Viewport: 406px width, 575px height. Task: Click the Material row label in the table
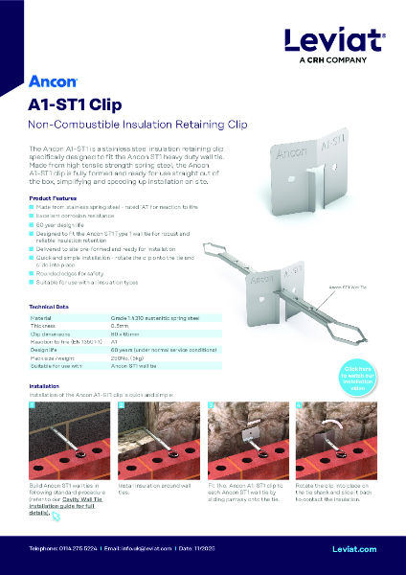click(42, 316)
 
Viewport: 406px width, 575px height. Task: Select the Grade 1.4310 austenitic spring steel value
click(155, 316)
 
